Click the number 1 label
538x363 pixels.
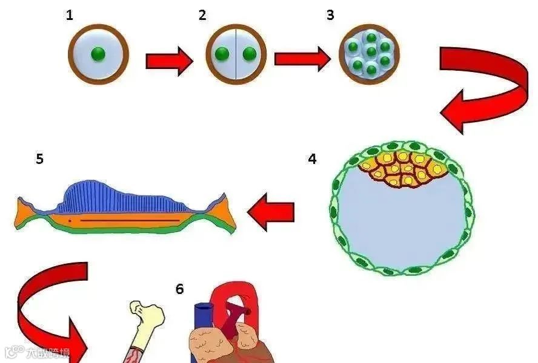pos(70,15)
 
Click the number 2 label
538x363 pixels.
pos(202,15)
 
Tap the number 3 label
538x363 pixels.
pos(330,15)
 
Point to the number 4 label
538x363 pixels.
pos(312,159)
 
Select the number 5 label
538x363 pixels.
pos(39,159)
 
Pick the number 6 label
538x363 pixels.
pos(180,289)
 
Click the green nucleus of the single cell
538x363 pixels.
pos(98,54)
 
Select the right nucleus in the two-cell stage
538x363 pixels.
pos(250,54)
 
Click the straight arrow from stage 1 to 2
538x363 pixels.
pos(168,62)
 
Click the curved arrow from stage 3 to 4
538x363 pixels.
pos(485,88)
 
